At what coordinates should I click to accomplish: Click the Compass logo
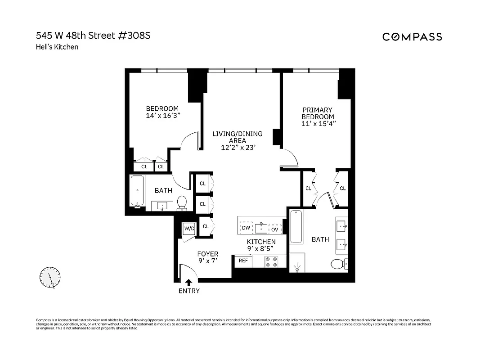412,37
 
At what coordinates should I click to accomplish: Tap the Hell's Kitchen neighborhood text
57,46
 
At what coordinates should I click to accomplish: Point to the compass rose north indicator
50,278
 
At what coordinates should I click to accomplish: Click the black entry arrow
189,282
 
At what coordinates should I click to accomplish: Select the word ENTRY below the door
189,291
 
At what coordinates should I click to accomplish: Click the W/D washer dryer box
189,229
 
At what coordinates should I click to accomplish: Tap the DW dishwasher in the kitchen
246,228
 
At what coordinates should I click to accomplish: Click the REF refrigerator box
243,261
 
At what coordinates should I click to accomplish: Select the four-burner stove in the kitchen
271,261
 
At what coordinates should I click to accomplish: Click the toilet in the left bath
182,203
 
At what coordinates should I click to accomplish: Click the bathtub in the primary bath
296,226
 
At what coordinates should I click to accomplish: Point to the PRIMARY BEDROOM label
318,113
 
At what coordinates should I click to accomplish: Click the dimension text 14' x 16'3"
162,116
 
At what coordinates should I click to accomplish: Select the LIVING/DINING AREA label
238,137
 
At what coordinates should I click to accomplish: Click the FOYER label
207,254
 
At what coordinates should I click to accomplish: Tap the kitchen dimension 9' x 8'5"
260,248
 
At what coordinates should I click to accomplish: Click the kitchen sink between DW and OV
261,228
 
